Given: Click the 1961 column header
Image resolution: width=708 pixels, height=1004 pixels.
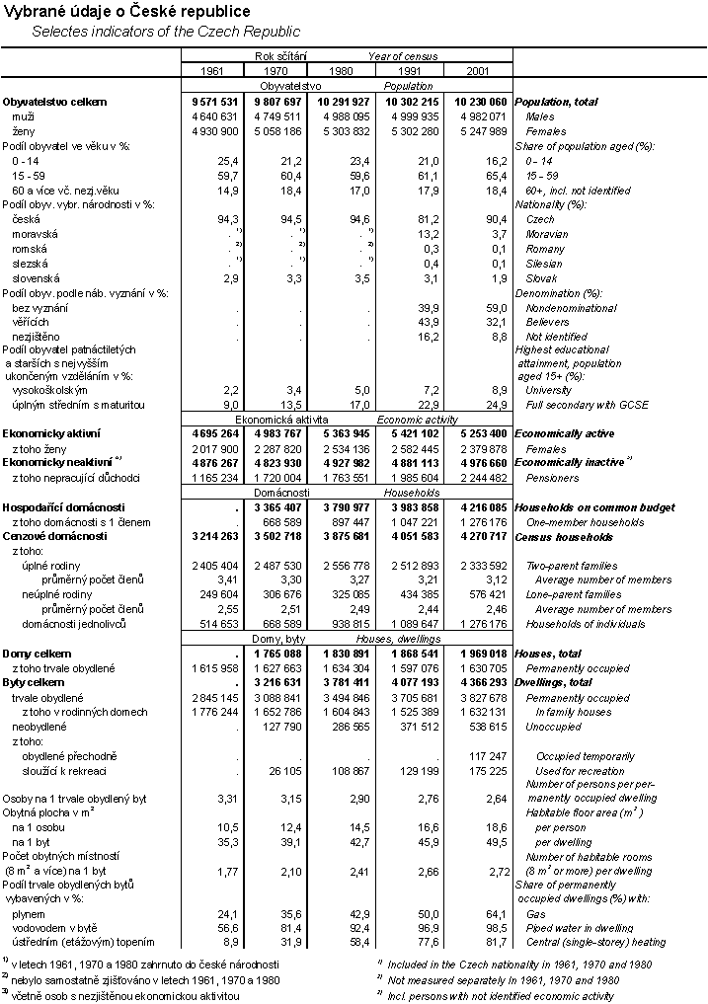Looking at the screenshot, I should (x=212, y=71).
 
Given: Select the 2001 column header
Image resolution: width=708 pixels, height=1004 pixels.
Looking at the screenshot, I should (x=478, y=71).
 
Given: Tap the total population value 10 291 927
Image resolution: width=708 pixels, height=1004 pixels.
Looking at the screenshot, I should (x=342, y=102).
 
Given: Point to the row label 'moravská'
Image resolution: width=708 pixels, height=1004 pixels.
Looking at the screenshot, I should (x=35, y=234).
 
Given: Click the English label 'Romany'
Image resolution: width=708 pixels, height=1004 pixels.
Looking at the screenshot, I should (x=546, y=249).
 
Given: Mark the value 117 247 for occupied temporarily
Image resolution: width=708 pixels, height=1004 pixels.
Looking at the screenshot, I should (x=488, y=755).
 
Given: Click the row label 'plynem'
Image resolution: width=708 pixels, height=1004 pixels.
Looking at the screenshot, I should (x=29, y=915).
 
